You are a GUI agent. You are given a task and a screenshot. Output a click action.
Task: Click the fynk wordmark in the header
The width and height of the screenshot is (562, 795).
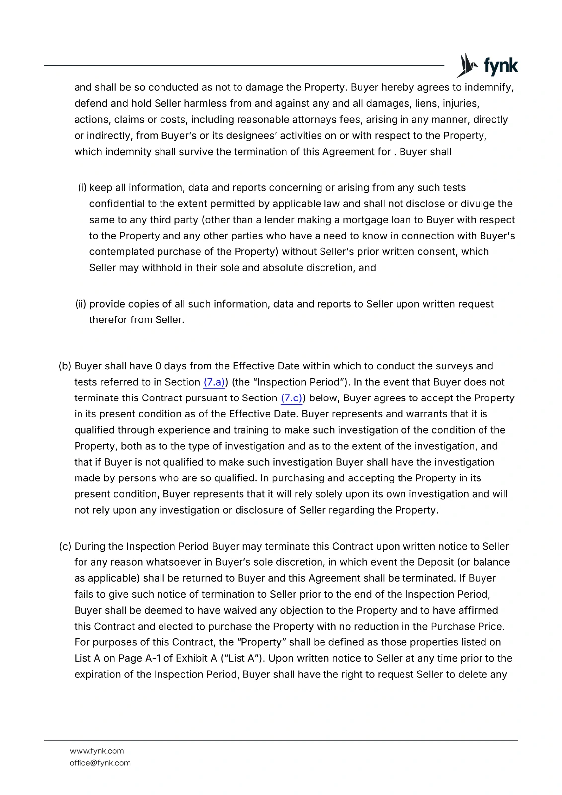pos(501,66)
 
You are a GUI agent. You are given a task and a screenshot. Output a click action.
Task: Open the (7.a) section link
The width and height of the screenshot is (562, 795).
pos(214,382)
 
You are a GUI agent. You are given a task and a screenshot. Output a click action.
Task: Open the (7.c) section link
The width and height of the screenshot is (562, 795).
pos(292,398)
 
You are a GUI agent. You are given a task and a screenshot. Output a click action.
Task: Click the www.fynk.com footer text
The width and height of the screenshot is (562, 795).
pos(96,751)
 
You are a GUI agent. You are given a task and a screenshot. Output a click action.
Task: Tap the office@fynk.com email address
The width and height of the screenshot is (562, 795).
pos(100,763)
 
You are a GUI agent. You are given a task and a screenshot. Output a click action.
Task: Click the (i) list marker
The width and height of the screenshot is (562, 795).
pos(82,188)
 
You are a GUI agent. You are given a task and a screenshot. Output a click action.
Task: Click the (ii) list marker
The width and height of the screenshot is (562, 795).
pos(80,304)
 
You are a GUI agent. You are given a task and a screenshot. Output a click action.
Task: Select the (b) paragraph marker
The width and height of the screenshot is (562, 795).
pos(65,366)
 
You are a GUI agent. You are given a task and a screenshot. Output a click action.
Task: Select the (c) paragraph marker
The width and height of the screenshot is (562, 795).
pos(65,547)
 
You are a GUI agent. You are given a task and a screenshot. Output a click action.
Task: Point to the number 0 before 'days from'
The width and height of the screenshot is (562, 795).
pos(158,366)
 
